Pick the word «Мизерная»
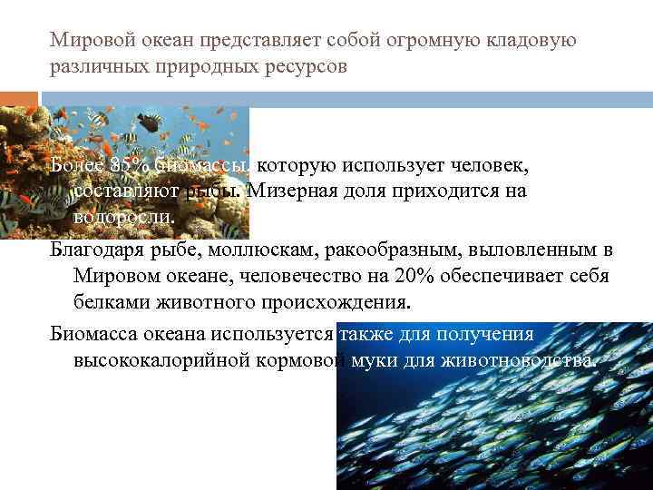[287, 191]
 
